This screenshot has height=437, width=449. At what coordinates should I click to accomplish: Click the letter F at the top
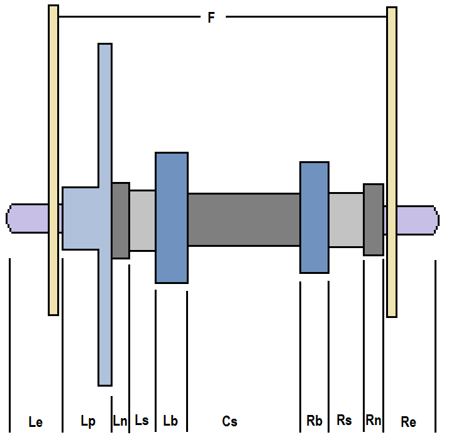[211, 18]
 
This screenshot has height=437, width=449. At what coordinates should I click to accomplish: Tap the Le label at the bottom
[36, 422]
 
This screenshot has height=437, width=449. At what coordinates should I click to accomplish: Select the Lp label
[88, 421]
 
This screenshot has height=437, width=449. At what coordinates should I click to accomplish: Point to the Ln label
[120, 421]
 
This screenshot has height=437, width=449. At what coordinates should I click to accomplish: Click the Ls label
[141, 421]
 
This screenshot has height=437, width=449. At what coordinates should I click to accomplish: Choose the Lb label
[170, 421]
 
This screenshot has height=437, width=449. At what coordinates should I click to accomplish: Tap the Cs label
[230, 421]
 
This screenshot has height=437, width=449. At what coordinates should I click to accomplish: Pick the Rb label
[314, 421]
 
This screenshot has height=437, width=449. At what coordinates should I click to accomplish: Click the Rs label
[344, 421]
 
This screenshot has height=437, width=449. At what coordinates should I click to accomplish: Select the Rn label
[374, 421]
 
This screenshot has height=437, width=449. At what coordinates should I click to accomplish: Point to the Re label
[408, 422]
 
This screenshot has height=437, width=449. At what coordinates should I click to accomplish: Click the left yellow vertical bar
[53, 160]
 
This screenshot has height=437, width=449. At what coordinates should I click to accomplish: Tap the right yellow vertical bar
[392, 162]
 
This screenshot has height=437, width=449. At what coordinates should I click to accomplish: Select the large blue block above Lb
[172, 218]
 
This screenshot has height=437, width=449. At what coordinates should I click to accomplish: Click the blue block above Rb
[314, 217]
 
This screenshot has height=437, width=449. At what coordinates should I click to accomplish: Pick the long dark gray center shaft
[244, 220]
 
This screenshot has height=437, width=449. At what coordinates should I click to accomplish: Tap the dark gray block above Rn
[374, 220]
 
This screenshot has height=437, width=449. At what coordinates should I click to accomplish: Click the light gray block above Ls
[143, 220]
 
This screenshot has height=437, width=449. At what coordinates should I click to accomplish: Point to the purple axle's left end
[6, 219]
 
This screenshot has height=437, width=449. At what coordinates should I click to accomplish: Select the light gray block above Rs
[346, 220]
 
